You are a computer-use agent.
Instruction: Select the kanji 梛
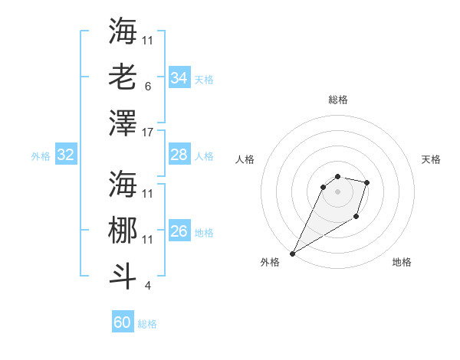pos(123,229)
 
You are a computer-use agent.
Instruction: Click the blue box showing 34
pos(179,78)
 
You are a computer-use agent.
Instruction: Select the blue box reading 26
pos(179,232)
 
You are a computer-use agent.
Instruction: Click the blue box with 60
pos(122,322)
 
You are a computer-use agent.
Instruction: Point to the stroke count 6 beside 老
pos(147,87)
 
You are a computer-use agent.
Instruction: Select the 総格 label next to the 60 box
pos(147,324)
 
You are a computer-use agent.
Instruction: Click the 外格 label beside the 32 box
pos(41,156)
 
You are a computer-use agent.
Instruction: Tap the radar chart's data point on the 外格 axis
pos(292,253)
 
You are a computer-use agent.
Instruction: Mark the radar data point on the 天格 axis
pos(367,182)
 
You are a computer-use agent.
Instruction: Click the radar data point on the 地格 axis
pos(356,218)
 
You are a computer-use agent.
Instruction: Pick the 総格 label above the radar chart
pos(337,100)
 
